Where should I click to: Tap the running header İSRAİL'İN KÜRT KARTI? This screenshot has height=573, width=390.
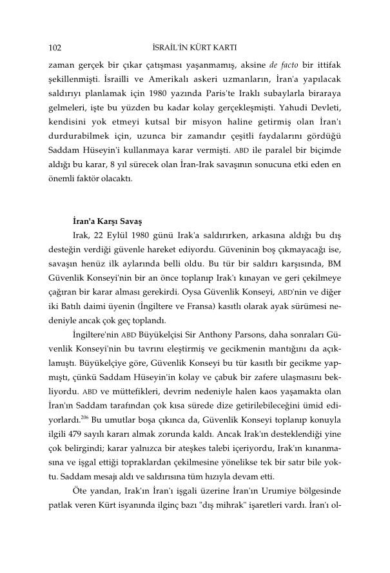click(x=196, y=47)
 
